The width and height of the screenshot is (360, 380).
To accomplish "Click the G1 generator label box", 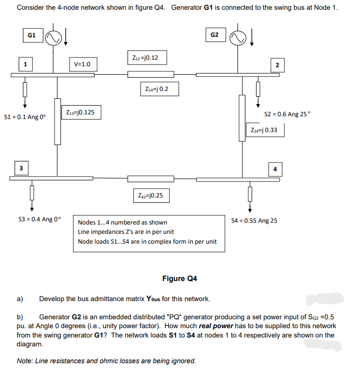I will click(x=32, y=35).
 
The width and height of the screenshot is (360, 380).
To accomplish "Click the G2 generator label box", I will click(x=215, y=35).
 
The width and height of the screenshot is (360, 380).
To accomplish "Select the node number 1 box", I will click(x=26, y=63).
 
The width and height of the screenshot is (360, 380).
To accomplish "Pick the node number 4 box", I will click(x=275, y=169).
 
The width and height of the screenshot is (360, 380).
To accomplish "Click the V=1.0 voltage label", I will click(x=83, y=64).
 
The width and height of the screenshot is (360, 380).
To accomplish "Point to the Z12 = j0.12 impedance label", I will click(x=145, y=58).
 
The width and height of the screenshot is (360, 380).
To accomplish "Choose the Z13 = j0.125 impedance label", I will click(x=80, y=113).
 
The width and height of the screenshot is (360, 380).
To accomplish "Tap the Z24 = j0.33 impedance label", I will click(x=264, y=130).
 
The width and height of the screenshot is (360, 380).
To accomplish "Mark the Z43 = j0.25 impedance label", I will click(x=151, y=195).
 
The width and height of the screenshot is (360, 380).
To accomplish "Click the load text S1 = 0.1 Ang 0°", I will click(x=25, y=117).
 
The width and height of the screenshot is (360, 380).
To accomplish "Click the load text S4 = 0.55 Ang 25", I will click(x=255, y=220).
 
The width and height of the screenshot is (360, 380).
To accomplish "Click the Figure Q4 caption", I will click(x=180, y=279).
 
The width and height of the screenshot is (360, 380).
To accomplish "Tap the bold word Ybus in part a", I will click(x=155, y=299).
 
